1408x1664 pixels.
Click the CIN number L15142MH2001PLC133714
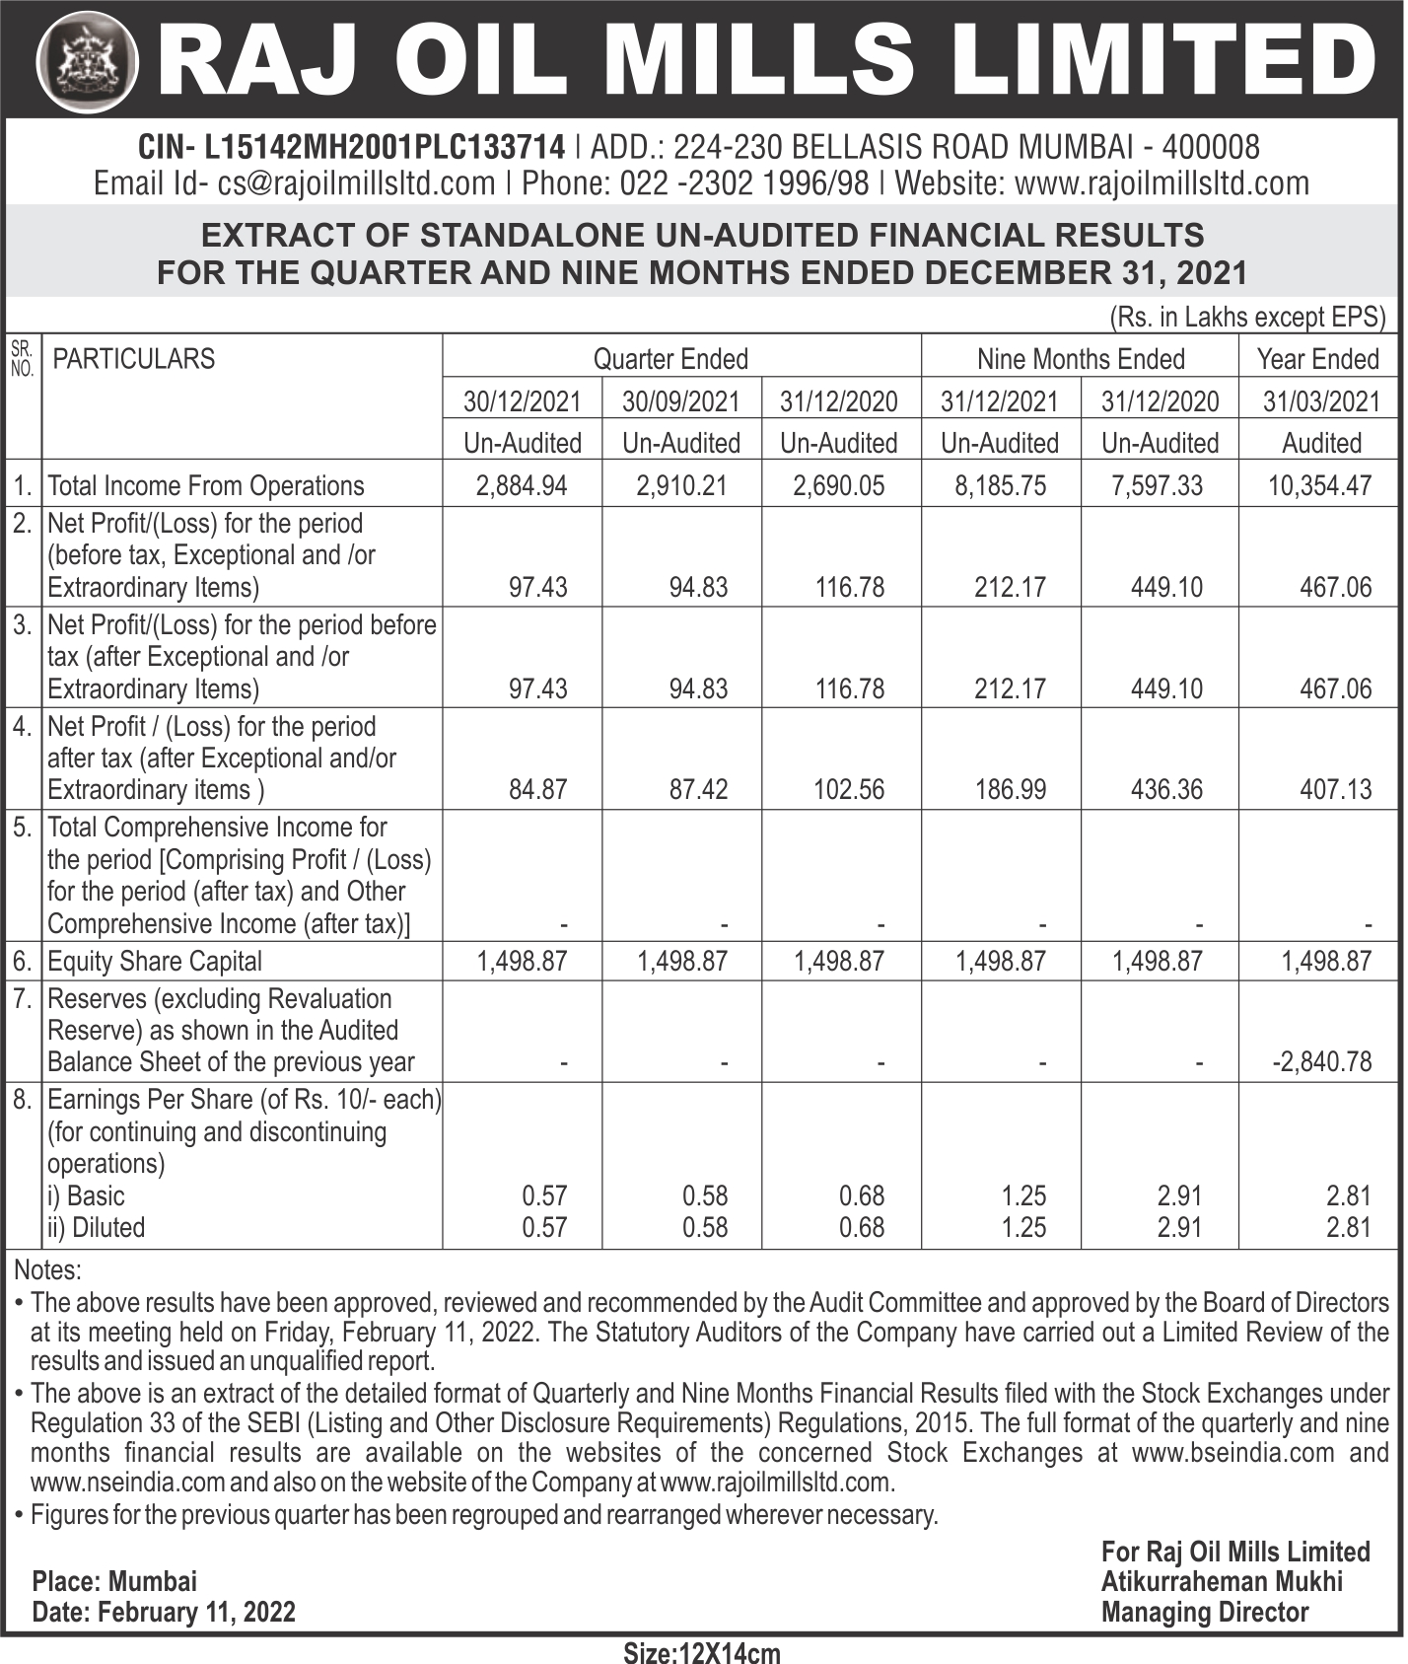coord(384,148)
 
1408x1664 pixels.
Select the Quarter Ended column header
coord(670,359)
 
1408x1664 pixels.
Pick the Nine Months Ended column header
coord(1080,359)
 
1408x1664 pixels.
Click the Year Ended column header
coord(1317,359)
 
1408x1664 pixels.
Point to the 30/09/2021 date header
coord(681,401)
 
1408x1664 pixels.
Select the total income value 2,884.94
coord(522,485)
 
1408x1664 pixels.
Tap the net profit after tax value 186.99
coord(1010,790)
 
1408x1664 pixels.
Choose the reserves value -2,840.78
coord(1321,1062)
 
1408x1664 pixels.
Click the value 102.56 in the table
coord(849,790)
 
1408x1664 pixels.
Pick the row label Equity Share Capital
coord(155,962)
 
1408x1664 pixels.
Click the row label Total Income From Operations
coord(205,485)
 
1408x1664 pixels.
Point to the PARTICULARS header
coord(133,359)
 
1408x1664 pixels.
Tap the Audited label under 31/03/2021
coord(1321,444)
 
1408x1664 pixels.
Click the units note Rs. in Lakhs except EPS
coord(1247,318)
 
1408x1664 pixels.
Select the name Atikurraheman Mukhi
coord(1222,1582)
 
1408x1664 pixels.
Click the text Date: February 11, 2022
coord(164,1613)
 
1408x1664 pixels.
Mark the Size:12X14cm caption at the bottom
coord(702,1652)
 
